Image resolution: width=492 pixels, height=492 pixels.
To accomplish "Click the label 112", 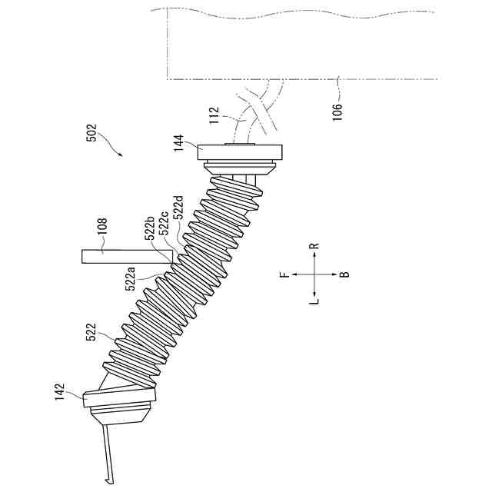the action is tap(214, 115).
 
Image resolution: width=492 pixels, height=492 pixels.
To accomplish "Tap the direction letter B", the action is tap(344, 274).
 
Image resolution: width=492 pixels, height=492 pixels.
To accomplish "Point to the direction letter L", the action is tap(314, 302).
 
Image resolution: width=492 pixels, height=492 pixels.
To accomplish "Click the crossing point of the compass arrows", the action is tap(314, 274).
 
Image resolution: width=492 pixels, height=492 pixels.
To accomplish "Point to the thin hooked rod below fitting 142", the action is tap(104, 457).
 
